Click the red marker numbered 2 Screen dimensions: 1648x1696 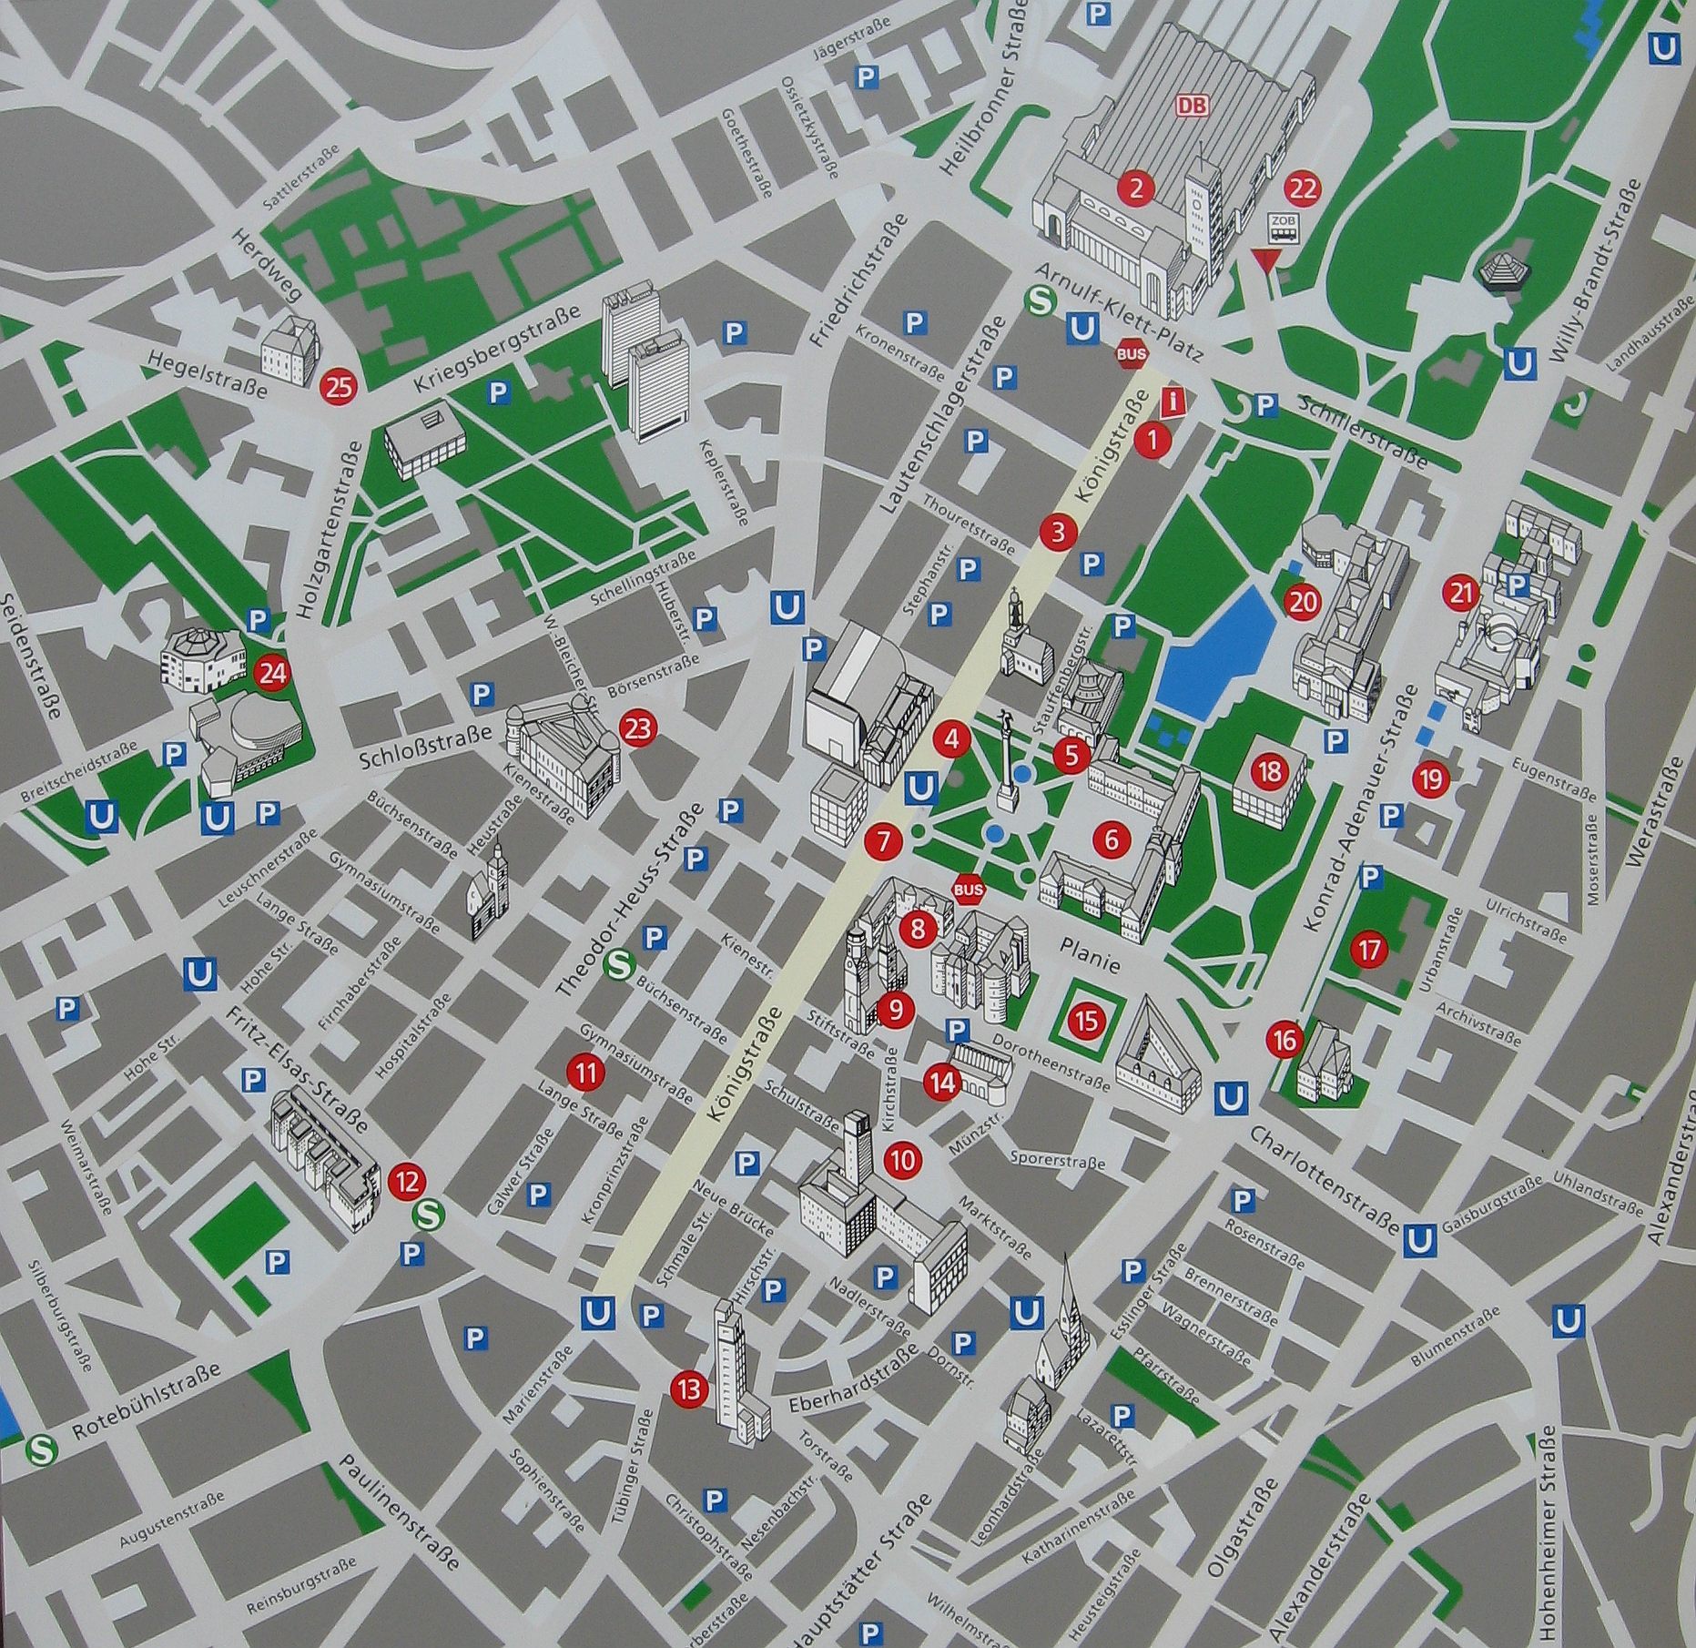pos(1135,188)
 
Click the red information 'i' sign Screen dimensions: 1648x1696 pos(1175,401)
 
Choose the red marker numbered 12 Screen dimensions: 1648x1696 pos(406,1182)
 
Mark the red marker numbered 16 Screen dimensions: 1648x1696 pos(1285,1040)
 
